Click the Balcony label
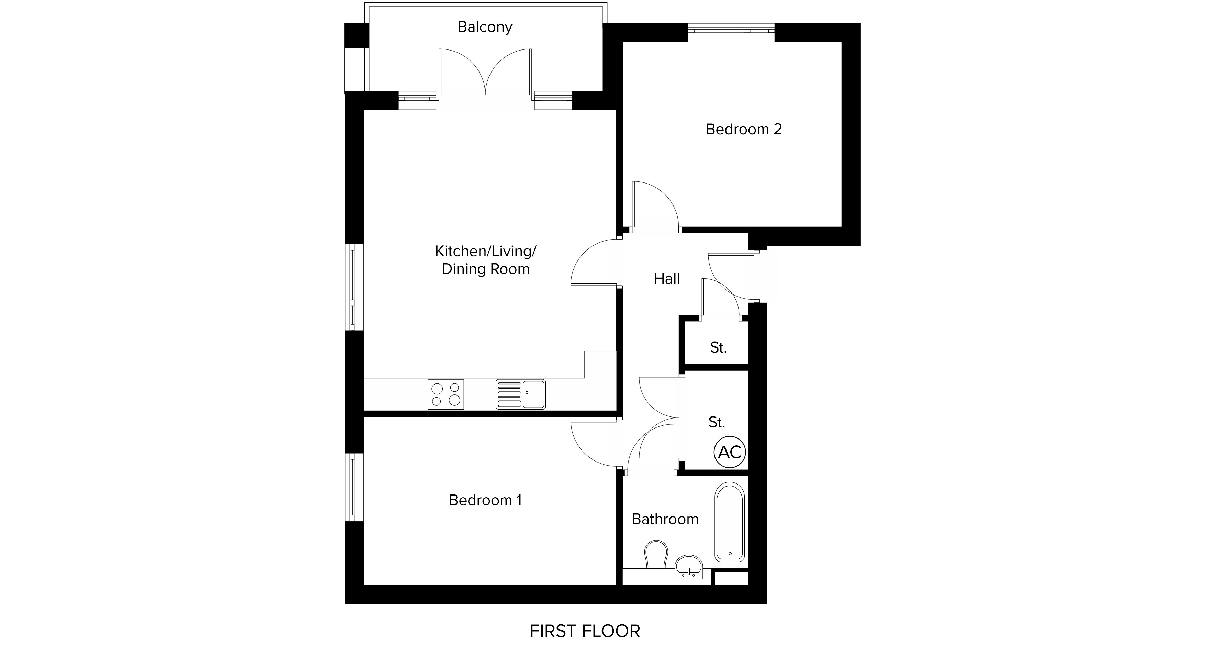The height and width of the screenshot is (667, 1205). (x=485, y=27)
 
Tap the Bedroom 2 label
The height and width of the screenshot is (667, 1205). (x=744, y=129)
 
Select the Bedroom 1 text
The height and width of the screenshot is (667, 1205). (x=485, y=500)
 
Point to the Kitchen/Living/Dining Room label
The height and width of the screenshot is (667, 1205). (x=486, y=260)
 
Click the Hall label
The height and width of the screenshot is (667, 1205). (x=667, y=279)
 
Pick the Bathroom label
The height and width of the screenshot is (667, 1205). (x=665, y=519)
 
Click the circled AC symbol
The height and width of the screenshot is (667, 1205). (x=730, y=452)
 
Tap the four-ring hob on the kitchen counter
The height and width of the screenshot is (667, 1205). (x=446, y=394)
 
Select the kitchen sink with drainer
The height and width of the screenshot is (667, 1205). (x=521, y=394)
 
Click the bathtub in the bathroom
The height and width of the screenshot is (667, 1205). (x=730, y=522)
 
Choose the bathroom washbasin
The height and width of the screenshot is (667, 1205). (x=689, y=568)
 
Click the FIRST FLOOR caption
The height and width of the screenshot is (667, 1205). (x=585, y=631)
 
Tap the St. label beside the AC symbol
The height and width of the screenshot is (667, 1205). (x=717, y=423)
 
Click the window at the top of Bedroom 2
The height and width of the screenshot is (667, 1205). (x=731, y=31)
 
